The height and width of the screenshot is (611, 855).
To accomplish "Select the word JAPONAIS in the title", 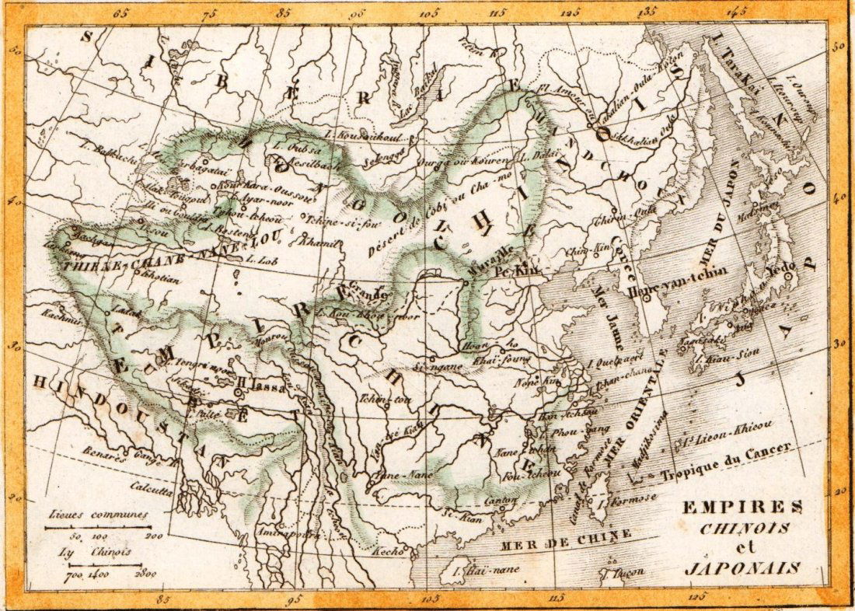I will coord(742,567).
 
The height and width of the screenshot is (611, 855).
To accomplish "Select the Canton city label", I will coord(496,501).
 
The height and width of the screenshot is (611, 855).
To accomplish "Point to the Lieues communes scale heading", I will coord(97,515).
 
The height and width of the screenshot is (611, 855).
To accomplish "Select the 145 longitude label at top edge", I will coord(738,12).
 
